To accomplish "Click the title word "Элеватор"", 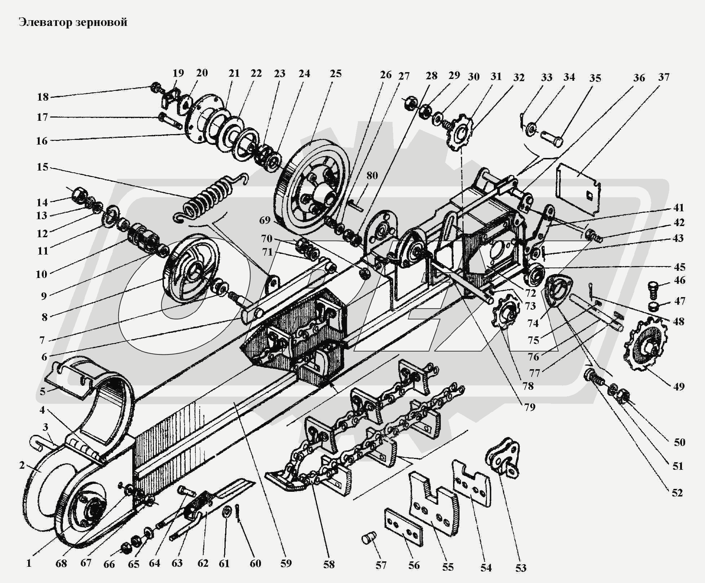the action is (x=46, y=22).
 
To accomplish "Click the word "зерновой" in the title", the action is (x=102, y=23).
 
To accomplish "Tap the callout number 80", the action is (x=372, y=176).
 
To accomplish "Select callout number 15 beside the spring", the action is (x=42, y=167).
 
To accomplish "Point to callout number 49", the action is (x=679, y=387).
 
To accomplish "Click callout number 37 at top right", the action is (x=664, y=77).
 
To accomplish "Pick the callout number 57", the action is (x=381, y=565).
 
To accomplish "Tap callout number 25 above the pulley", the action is (x=336, y=74).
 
